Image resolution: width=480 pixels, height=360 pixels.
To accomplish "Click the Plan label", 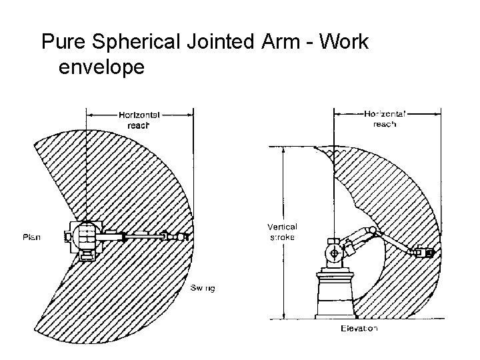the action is [32, 237].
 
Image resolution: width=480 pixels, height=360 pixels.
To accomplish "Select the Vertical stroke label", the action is [282, 231].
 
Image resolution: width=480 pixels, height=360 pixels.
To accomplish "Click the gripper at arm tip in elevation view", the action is [425, 253].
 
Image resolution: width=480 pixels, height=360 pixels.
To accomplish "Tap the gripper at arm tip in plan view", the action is [179, 236].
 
